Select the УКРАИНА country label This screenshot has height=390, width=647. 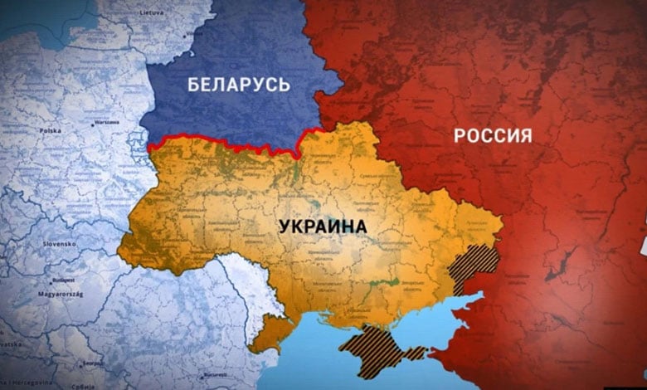click(323, 226)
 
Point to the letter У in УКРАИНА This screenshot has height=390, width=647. click(285, 226)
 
